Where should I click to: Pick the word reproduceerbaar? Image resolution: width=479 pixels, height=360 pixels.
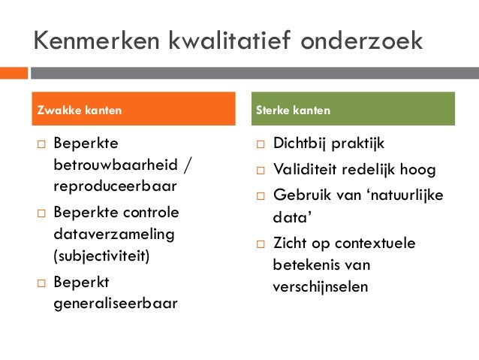(115, 186)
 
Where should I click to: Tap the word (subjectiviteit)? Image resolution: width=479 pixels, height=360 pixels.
(102, 256)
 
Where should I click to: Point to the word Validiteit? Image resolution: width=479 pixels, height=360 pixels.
(305, 168)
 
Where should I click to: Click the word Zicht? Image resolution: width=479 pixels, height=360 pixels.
(289, 244)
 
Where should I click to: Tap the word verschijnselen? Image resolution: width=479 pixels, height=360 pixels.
(321, 287)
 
